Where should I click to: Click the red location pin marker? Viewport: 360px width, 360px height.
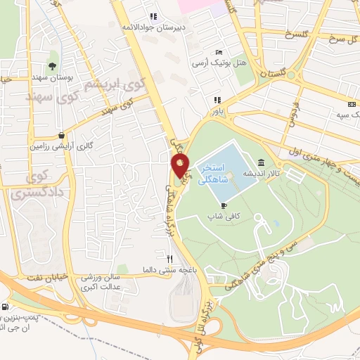pyautogui.click(x=180, y=167)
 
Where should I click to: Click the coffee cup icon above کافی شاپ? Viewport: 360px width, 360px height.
pyautogui.click(x=224, y=205)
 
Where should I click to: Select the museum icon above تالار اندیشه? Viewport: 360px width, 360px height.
pyautogui.click(x=262, y=162)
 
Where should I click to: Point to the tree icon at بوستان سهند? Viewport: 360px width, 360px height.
pyautogui.click(x=53, y=65)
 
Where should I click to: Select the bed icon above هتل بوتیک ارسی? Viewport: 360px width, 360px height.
pyautogui.click(x=219, y=53)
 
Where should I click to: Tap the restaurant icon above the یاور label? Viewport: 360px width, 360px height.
pyautogui.click(x=218, y=100)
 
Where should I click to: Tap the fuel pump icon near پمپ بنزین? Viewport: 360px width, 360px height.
pyautogui.click(x=6, y=307)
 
